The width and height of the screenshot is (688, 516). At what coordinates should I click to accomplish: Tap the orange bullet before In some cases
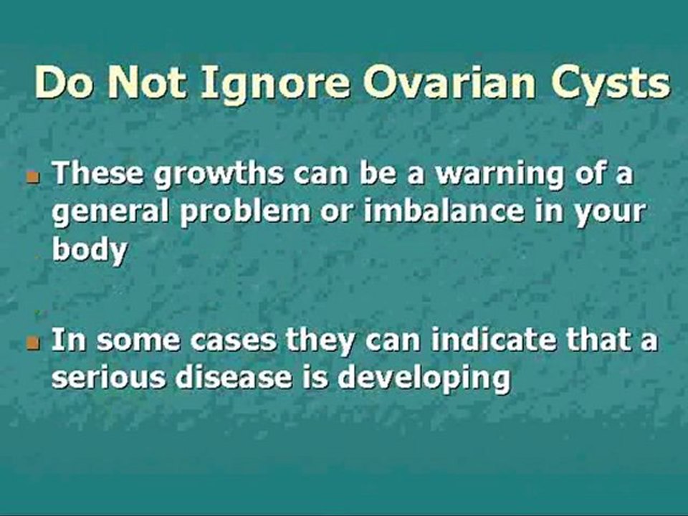pos(31,343)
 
